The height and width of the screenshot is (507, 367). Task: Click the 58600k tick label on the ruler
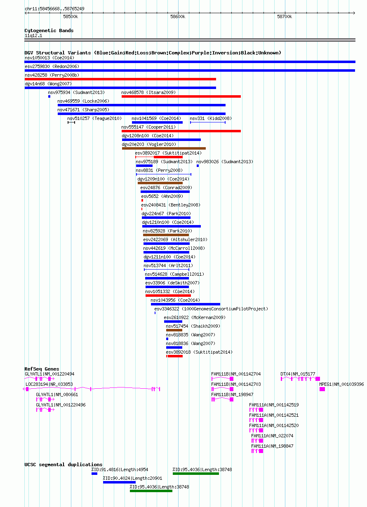tap(178, 17)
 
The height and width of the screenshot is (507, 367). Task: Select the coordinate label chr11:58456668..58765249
tap(54, 9)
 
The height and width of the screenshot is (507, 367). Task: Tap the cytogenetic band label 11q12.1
tap(33, 35)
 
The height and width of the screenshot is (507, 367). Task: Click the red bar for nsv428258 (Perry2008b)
tap(120, 79)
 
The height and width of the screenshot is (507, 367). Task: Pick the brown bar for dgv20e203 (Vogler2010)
tap(164, 148)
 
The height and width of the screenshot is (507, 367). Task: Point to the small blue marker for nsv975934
tap(49, 96)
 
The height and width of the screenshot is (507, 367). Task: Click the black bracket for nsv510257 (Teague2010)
tap(71, 122)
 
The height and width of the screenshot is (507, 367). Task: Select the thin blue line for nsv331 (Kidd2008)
tap(208, 122)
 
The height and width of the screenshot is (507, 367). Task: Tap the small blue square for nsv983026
tap(198, 166)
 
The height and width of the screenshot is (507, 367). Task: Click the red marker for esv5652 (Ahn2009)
tap(142, 201)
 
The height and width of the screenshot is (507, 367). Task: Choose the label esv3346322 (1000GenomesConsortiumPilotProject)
tap(211, 309)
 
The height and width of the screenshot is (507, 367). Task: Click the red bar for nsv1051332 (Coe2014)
tap(168, 296)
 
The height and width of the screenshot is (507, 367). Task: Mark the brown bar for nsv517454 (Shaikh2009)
tap(174, 330)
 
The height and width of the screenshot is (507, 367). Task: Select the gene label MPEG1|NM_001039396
tap(341, 384)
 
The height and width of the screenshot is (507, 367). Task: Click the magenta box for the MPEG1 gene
tap(322, 389)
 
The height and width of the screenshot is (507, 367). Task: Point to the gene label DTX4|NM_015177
tap(298, 374)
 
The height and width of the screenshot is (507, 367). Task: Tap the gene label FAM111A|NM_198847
tap(272, 446)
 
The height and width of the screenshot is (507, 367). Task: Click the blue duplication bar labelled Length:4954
tap(94, 474)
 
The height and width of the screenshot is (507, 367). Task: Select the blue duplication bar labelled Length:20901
tap(119, 482)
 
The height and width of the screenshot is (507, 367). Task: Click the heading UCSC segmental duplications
tap(64, 465)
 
